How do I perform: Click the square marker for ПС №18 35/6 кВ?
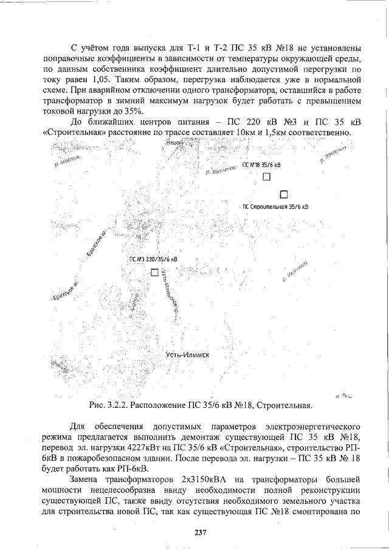pyautogui.click(x=266, y=177)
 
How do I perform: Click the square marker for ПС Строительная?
pyautogui.click(x=283, y=194)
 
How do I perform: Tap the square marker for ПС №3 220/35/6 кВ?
pyautogui.click(x=154, y=272)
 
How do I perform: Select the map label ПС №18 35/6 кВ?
pyautogui.click(x=262, y=165)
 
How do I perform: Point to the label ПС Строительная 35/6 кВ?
pyautogui.click(x=275, y=207)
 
